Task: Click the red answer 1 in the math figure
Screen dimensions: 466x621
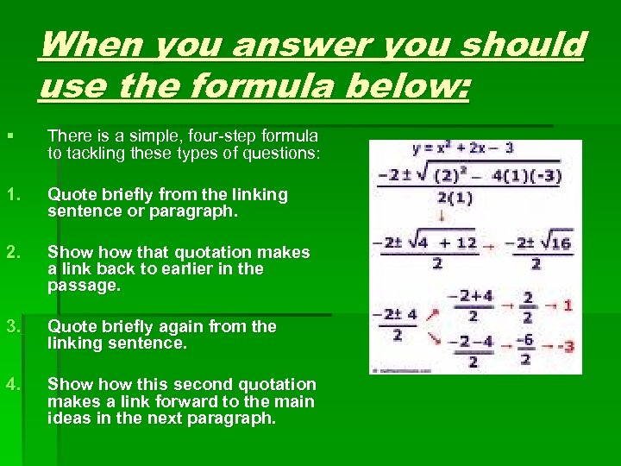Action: click(568, 305)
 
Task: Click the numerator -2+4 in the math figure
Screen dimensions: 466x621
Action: click(474, 296)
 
